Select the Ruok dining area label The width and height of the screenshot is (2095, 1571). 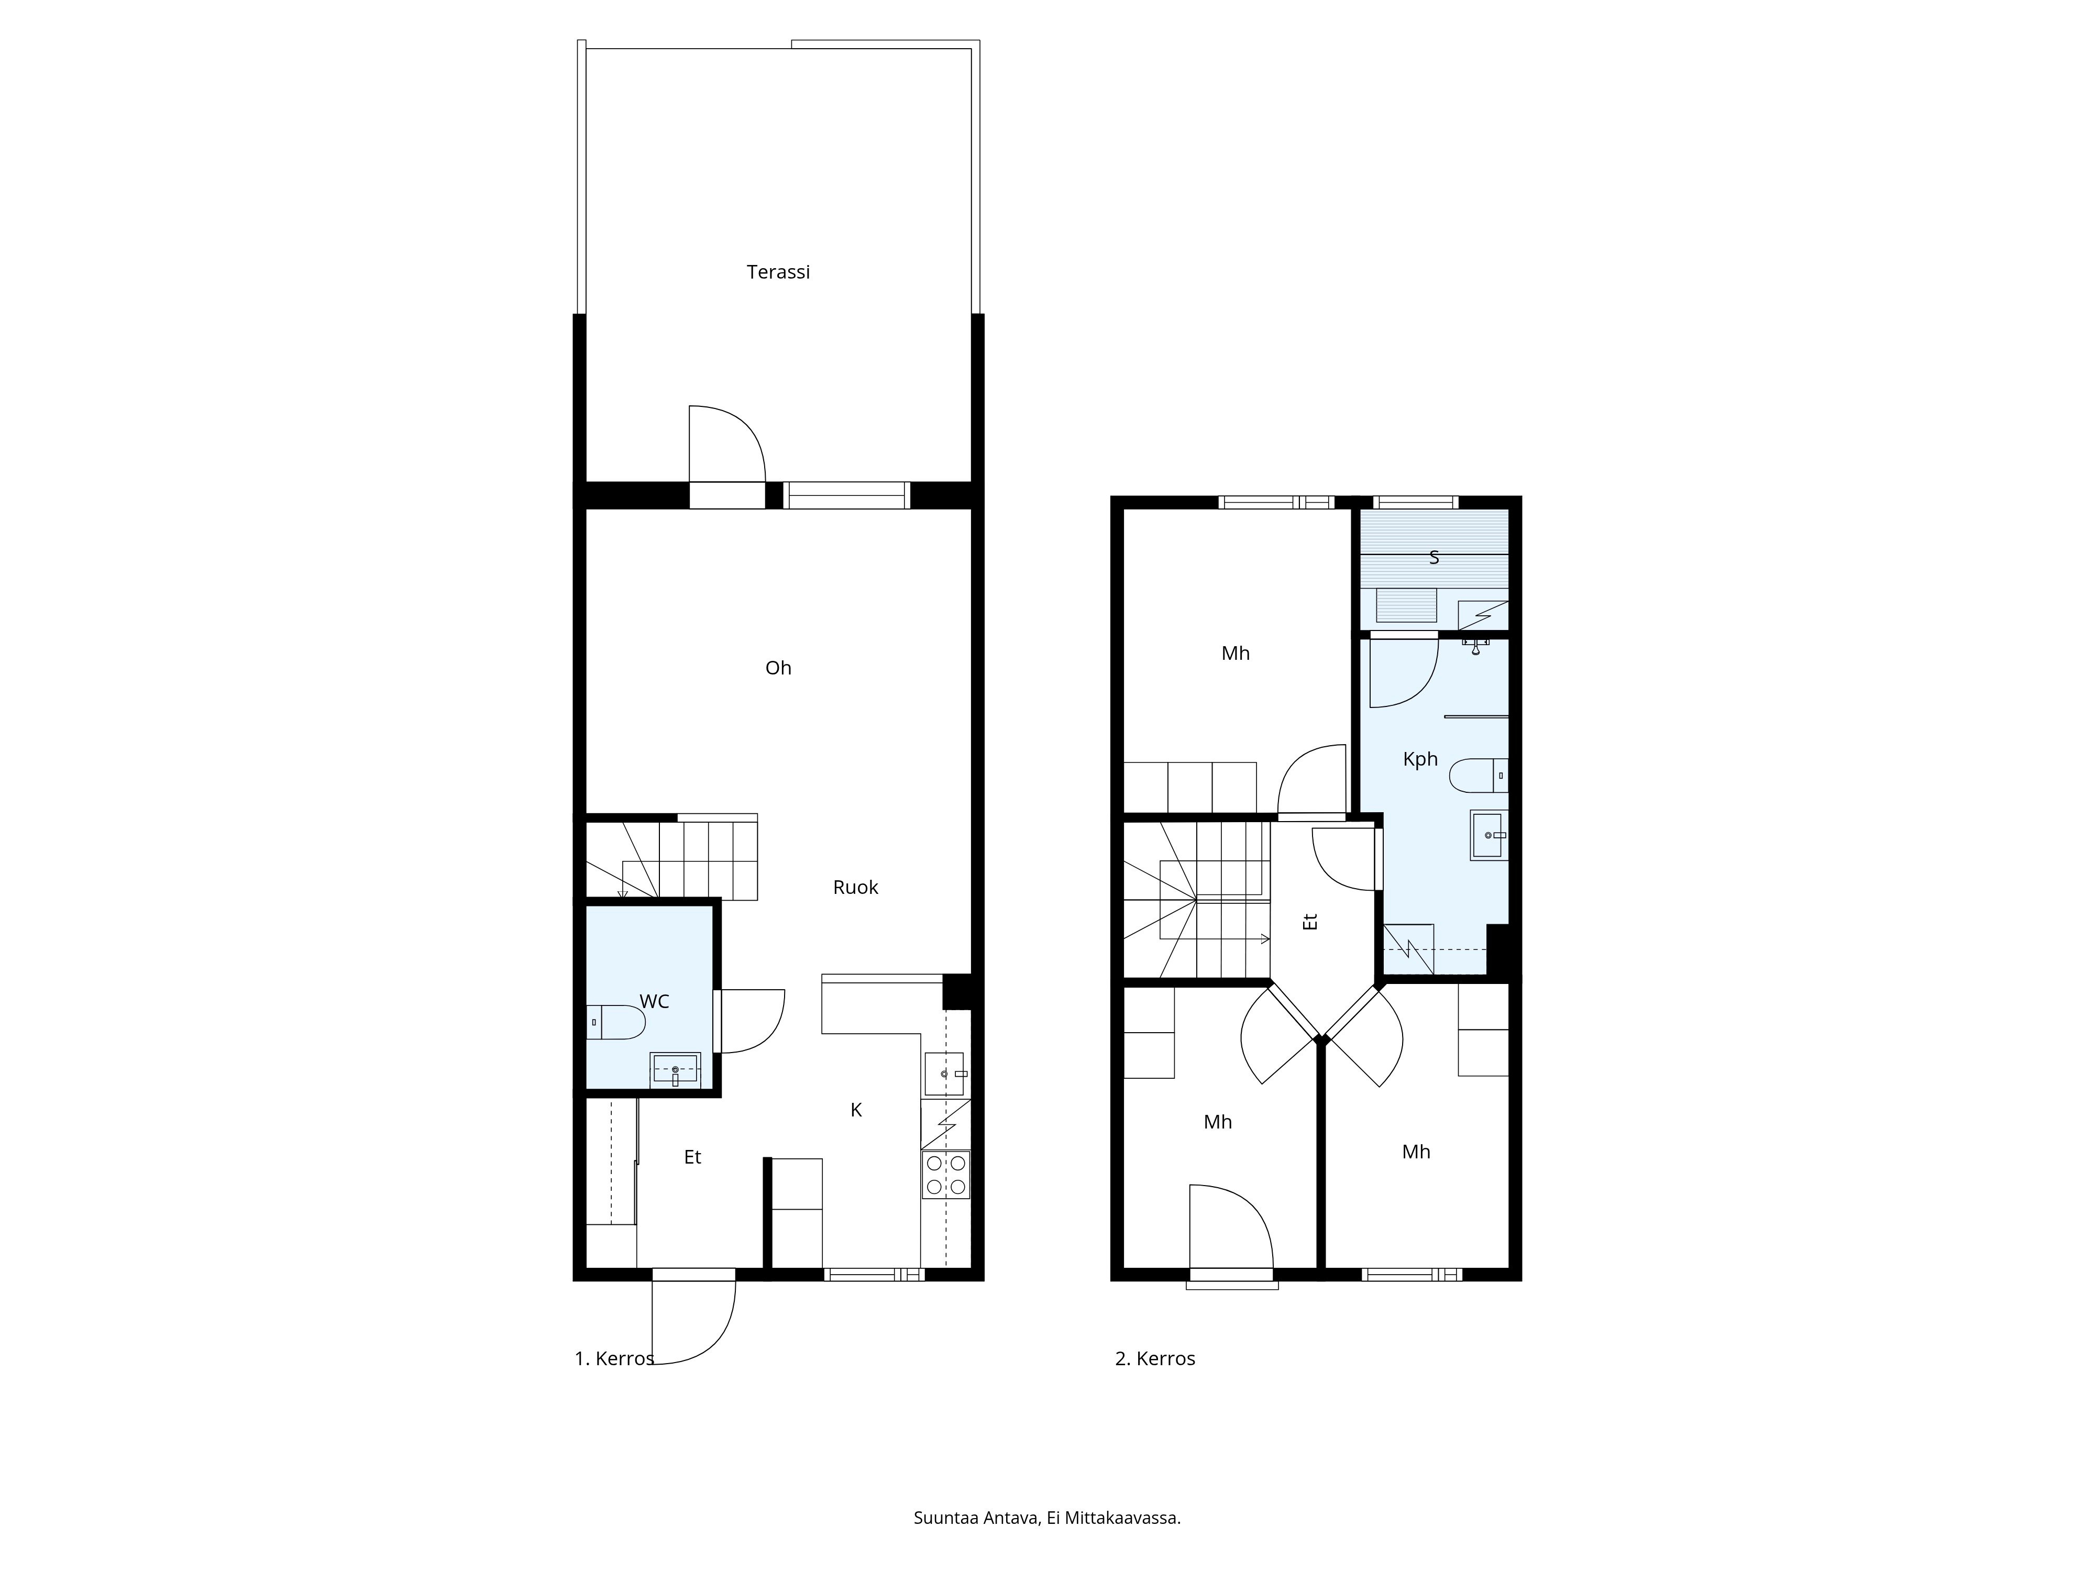855,887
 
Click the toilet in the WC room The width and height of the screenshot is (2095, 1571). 615,1022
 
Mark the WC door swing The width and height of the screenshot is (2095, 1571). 753,1020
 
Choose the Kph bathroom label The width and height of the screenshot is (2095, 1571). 1420,759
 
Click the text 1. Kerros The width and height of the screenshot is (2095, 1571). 614,1359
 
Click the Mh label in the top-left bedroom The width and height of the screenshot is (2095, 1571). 1235,654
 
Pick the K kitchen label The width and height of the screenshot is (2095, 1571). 855,1110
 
